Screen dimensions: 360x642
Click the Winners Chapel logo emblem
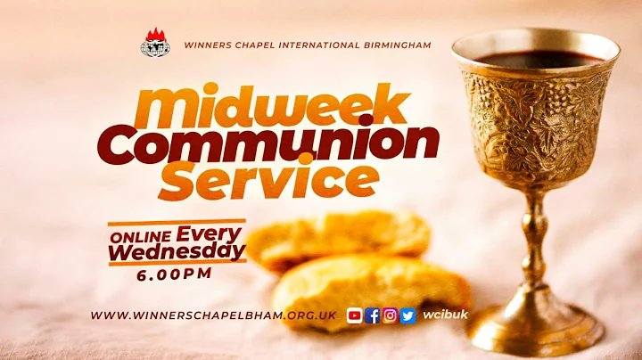(x=154, y=44)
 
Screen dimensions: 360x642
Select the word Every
(x=210, y=234)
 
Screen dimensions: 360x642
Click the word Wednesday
(x=177, y=254)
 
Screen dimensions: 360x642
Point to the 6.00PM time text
(x=174, y=275)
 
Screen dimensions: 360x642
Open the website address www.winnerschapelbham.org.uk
(x=213, y=315)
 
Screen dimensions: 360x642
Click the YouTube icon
(x=355, y=315)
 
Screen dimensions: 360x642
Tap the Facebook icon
(x=373, y=315)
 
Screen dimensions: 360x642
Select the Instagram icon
(x=391, y=315)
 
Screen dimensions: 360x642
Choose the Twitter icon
(x=408, y=315)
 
